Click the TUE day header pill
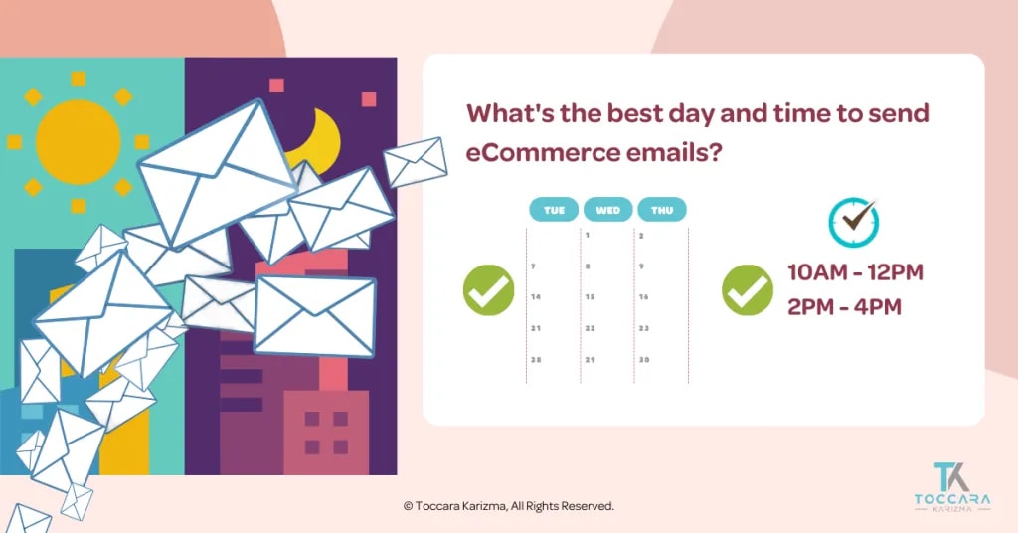click(554, 210)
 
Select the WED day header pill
click(608, 210)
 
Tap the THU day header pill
click(662, 210)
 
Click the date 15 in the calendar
click(590, 297)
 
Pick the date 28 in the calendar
click(536, 359)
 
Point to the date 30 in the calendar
click(643, 359)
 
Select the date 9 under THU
click(642, 266)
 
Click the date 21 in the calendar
click(536, 328)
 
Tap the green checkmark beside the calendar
click(488, 290)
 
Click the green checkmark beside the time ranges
click(747, 290)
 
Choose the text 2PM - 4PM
click(844, 306)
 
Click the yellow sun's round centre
click(78, 141)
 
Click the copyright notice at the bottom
click(508, 506)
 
